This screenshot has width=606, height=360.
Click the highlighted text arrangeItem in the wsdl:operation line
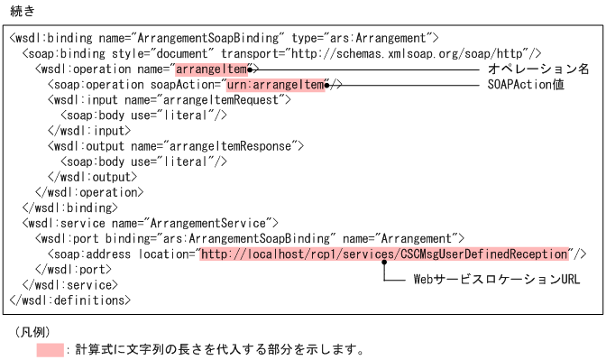211,69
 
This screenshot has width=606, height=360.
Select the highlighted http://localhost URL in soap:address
385,254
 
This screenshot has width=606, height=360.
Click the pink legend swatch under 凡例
50,349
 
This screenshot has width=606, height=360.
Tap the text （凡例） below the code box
32,331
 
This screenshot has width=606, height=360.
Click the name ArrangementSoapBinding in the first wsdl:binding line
197,39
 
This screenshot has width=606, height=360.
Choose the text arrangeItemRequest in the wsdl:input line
232,100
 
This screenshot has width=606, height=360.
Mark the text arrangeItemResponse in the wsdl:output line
242,146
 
